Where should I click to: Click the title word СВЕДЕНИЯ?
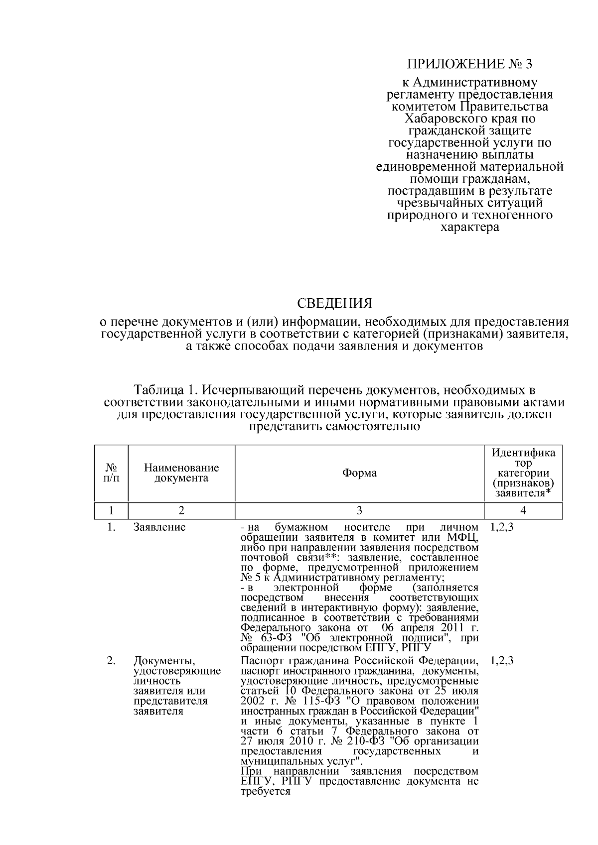[334, 303]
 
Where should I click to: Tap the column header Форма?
[359, 473]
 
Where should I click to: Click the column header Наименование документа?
[181, 473]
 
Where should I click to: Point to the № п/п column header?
[112, 473]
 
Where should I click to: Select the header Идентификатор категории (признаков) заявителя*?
[523, 473]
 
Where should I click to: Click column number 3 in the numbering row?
[359, 510]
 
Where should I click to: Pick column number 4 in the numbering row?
[523, 510]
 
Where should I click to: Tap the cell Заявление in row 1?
[159, 527]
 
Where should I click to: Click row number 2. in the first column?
[111, 661]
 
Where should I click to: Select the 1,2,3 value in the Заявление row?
[502, 527]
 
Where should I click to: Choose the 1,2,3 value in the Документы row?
[502, 661]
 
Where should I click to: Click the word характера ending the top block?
[470, 228]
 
